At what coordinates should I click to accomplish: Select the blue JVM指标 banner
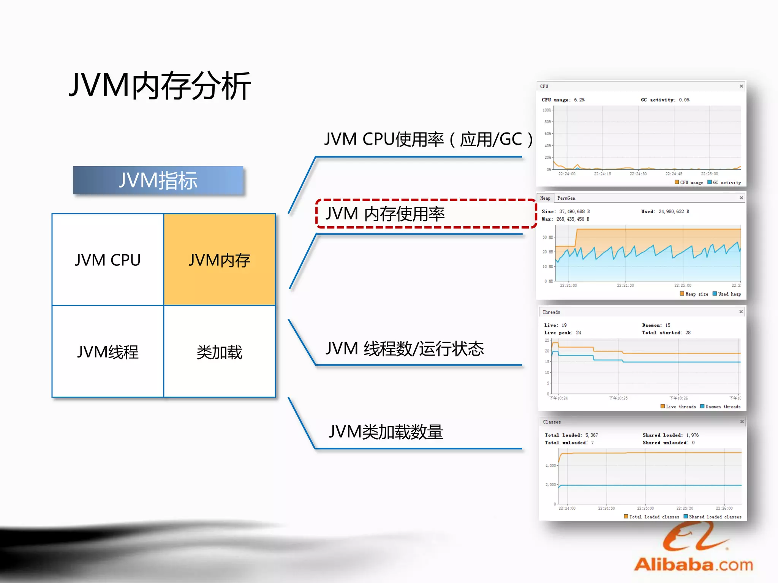click(158, 180)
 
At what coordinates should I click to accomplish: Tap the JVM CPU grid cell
click(108, 260)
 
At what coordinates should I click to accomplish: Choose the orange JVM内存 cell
click(220, 260)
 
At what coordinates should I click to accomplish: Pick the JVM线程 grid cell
click(108, 352)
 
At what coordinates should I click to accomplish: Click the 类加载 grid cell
click(220, 352)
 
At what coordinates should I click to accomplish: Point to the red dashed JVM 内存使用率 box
click(425, 214)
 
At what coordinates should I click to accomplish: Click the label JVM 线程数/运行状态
click(405, 348)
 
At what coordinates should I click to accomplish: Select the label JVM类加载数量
click(386, 432)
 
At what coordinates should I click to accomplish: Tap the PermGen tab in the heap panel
click(566, 198)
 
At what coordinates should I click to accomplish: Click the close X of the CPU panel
click(741, 86)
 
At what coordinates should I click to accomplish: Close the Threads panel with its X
click(741, 312)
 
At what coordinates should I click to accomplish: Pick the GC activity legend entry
click(724, 183)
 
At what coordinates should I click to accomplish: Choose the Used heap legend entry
click(727, 294)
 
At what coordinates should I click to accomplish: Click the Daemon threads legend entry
click(720, 407)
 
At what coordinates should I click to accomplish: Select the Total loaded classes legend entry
click(651, 517)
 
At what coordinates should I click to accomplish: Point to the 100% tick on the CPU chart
click(547, 110)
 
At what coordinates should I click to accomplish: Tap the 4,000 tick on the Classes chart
click(550, 465)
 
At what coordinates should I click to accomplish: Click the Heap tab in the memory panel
click(545, 198)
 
